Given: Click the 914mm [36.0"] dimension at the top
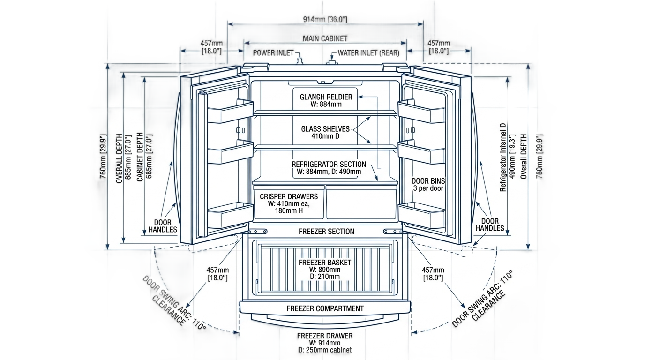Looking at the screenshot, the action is point(325,19).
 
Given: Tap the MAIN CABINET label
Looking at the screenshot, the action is point(325,38).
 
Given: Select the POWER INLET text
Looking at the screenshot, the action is point(273,53).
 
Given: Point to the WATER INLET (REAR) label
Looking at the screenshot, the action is point(368,53).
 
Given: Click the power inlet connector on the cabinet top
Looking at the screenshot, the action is point(300,60).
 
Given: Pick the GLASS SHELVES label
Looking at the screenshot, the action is point(325,129).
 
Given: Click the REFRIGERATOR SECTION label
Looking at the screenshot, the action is point(329,164).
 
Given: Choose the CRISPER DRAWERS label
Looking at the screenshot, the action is point(289,196).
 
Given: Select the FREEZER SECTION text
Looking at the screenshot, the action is point(327,232).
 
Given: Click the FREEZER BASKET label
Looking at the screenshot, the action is point(325,262).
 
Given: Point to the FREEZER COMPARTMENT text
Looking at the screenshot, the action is point(325,308).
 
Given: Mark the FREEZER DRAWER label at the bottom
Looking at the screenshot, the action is point(325,336).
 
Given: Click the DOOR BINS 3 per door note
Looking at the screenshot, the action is point(428,185).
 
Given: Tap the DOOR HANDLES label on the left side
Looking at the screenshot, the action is point(163,226).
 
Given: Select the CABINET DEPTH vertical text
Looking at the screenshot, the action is point(140,157).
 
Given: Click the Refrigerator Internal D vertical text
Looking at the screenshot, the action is point(503,157).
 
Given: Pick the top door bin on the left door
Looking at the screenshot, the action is point(230,112).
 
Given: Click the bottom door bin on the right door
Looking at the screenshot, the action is point(421,215).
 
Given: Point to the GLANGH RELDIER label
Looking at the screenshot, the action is point(326,97).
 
